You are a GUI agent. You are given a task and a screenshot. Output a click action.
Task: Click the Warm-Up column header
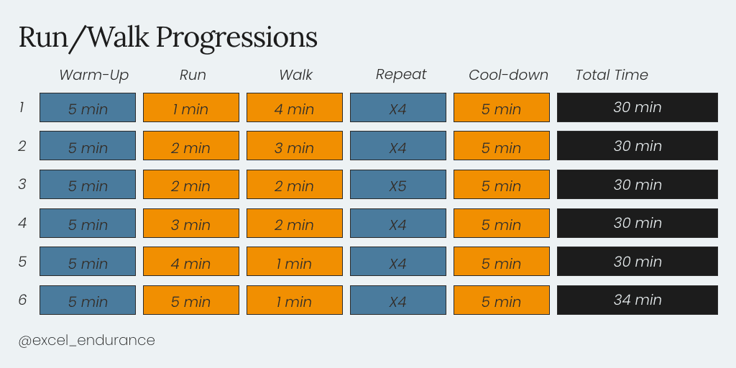point(94,75)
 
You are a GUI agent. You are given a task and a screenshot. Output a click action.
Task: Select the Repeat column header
point(401,74)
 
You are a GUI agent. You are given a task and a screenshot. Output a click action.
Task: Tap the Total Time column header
point(612,75)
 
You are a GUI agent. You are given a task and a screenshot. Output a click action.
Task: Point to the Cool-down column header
point(508,75)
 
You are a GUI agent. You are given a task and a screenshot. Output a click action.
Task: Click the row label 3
point(22,185)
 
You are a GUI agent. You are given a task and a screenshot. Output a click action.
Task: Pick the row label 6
point(22,300)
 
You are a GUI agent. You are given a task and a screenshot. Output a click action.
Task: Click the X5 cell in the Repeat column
point(398,185)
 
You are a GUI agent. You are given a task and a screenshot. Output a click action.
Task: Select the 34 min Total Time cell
point(638,300)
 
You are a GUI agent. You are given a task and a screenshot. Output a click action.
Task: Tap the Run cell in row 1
point(191,108)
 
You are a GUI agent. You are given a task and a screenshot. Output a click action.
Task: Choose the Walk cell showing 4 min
point(295,108)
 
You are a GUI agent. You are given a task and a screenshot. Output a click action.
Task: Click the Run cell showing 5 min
point(191,300)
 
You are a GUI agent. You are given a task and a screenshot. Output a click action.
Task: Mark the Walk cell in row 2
point(295,145)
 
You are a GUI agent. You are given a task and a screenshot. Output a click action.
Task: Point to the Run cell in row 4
point(191,223)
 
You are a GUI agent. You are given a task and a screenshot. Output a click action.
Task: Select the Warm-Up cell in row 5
point(88,262)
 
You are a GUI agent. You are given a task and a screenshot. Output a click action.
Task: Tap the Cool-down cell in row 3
point(501,185)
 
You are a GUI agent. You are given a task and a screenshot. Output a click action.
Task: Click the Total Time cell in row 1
point(638,108)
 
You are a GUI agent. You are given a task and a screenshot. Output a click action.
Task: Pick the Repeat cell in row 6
point(398,300)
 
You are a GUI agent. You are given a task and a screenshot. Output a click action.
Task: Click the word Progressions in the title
point(236,37)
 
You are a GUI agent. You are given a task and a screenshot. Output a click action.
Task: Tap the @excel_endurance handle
point(86,340)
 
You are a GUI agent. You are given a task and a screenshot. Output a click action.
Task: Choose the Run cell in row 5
point(191,262)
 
